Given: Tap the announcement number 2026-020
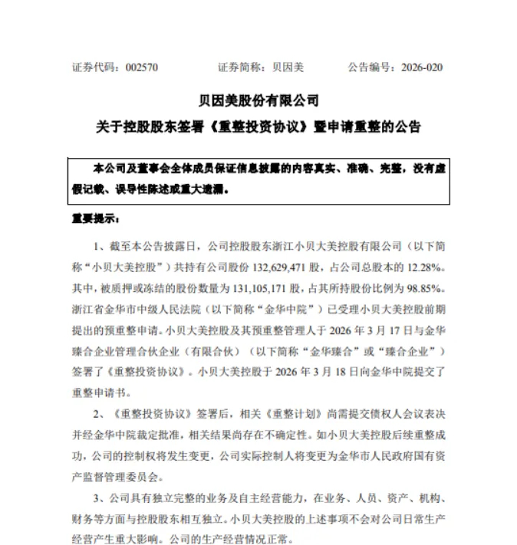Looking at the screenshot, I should tap(422, 67).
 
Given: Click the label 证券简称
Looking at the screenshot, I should tap(240, 67).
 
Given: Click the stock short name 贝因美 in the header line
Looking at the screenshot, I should tap(288, 67).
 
